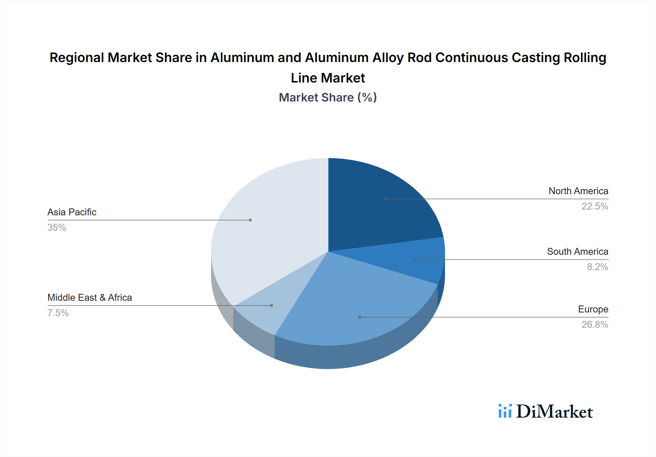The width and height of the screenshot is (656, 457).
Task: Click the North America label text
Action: pyautogui.click(x=578, y=191)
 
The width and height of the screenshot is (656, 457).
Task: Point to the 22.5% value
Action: pyautogui.click(x=594, y=206)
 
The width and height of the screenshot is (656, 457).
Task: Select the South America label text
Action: pyautogui.click(x=577, y=251)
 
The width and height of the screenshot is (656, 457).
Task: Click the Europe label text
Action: pyautogui.click(x=593, y=309)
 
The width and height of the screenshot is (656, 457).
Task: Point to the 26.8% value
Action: pyautogui.click(x=594, y=324)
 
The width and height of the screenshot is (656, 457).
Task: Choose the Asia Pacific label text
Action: pyautogui.click(x=72, y=212)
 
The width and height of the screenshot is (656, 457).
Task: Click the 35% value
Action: pyautogui.click(x=56, y=227)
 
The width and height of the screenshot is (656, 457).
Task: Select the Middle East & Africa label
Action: pyautogui.click(x=90, y=297)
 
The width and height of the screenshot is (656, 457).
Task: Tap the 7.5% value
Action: pyautogui.click(x=58, y=313)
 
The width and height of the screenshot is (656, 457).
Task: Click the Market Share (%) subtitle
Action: pyautogui.click(x=328, y=97)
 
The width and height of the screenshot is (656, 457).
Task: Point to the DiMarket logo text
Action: pyautogui.click(x=554, y=412)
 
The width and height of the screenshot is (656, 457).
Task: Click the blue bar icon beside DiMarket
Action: pyautogui.click(x=505, y=411)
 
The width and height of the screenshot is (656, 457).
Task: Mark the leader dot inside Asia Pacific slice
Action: pyautogui.click(x=250, y=220)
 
